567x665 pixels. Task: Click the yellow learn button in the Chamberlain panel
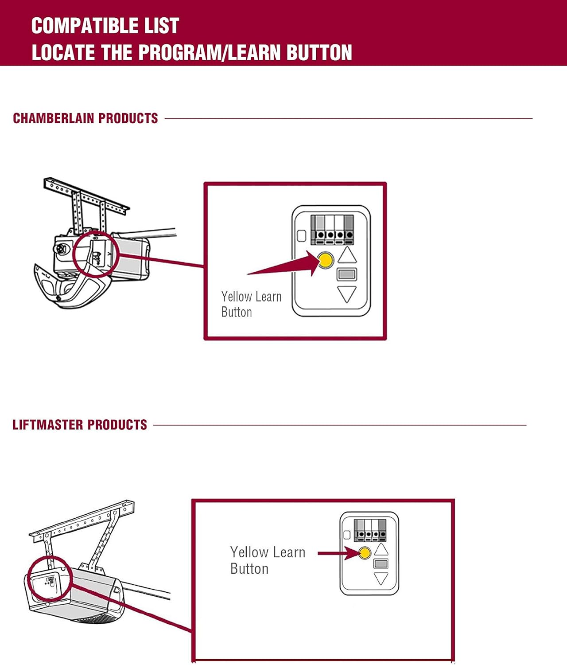[326, 260]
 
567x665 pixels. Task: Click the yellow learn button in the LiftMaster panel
[365, 553]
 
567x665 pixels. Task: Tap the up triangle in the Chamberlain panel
[347, 256]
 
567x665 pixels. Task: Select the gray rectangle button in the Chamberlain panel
[347, 274]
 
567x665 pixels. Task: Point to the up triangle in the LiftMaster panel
[381, 550]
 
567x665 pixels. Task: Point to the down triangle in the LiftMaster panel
[381, 578]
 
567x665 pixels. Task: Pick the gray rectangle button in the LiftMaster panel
[381, 563]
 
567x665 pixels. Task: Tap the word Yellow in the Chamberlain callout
[236, 296]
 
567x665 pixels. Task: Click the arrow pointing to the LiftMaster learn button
[337, 553]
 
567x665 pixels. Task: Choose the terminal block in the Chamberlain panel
[332, 230]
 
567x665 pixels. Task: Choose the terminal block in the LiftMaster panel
[370, 530]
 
